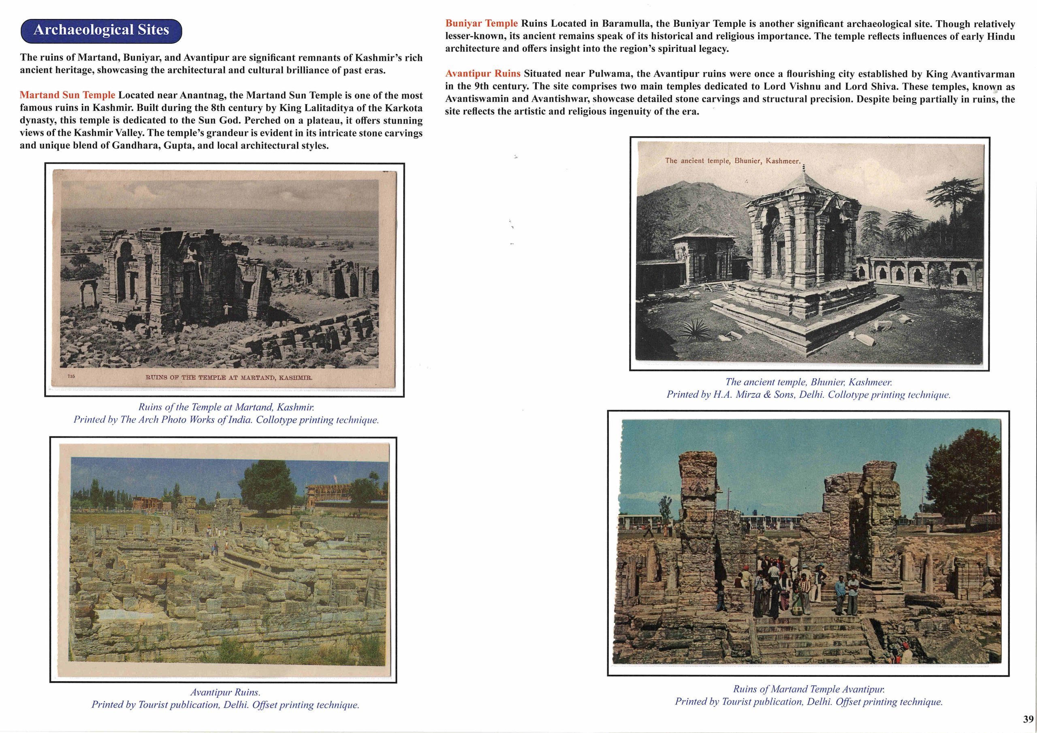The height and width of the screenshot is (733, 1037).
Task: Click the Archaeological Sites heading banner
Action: (x=101, y=30)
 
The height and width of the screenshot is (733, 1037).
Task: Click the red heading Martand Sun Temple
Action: (x=67, y=95)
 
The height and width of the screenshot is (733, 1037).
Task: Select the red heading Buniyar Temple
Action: (x=482, y=23)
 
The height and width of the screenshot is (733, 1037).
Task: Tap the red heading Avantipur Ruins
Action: (x=483, y=74)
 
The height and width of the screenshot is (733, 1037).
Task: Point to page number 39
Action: (x=1028, y=719)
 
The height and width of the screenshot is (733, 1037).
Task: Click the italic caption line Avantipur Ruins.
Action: (x=225, y=692)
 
